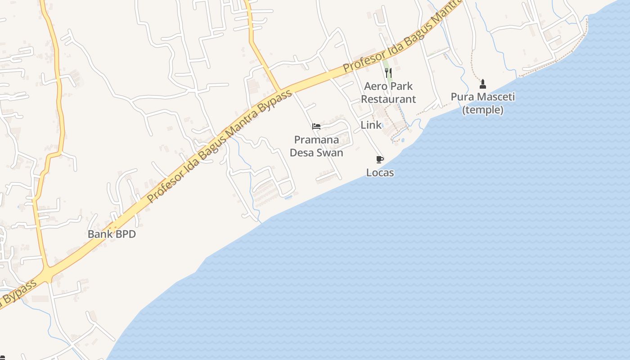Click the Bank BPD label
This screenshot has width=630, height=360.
point(112,234)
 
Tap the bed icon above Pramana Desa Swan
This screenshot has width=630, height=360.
point(316,126)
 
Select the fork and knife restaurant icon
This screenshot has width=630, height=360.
point(389,73)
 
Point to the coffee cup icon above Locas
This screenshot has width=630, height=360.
point(380,159)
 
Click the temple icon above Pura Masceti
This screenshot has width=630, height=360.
point(483,84)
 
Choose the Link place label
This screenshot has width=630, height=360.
point(371,125)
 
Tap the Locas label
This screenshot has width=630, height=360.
point(380,173)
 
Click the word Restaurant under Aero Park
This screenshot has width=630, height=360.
point(388,99)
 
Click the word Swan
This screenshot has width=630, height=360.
point(330,153)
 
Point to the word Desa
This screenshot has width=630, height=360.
point(302,153)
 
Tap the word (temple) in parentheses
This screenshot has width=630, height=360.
point(483,110)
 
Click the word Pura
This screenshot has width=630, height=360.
point(461,97)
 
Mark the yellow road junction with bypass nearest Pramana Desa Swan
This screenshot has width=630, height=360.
point(279,90)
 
